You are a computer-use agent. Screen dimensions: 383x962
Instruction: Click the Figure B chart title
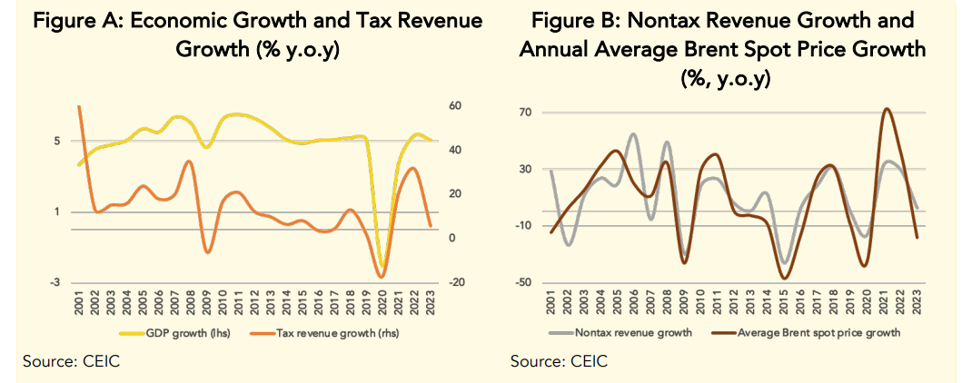pyautogui.click(x=722, y=49)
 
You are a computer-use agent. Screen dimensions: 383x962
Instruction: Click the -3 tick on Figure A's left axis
pyautogui.click(x=57, y=283)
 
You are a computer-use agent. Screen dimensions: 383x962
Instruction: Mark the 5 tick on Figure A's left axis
pyautogui.click(x=57, y=142)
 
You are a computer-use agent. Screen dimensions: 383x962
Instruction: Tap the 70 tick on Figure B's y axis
pyautogui.click(x=524, y=113)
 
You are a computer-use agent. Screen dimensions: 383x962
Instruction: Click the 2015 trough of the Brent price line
pyautogui.click(x=784, y=278)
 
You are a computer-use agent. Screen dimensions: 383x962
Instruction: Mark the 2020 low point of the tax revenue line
pyautogui.click(x=382, y=276)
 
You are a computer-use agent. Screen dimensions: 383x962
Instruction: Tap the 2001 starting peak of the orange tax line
pyautogui.click(x=80, y=107)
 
